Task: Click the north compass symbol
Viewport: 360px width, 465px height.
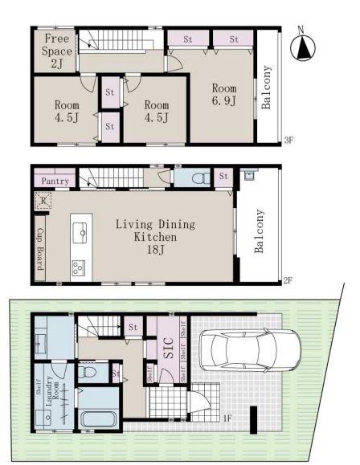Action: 302,47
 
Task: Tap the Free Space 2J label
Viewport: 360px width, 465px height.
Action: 57,51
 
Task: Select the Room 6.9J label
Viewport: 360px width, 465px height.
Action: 224,95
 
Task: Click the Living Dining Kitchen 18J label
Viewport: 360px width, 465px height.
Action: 155,237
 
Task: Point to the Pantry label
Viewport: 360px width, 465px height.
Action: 55,181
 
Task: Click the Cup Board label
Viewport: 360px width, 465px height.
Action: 40,249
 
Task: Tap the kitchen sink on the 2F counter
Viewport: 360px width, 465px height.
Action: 80,233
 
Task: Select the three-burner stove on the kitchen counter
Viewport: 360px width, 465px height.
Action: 79,267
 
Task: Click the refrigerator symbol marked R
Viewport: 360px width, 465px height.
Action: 43,201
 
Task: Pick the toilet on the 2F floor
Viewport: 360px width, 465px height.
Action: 201,178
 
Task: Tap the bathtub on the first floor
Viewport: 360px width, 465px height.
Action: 100,418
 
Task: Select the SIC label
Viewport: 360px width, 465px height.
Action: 168,348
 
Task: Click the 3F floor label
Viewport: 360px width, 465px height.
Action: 288,140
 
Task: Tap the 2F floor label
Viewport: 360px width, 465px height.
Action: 288,280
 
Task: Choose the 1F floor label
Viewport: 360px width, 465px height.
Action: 227,418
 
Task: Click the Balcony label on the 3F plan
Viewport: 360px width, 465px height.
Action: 266,88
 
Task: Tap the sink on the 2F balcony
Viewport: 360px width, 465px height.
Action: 248,175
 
